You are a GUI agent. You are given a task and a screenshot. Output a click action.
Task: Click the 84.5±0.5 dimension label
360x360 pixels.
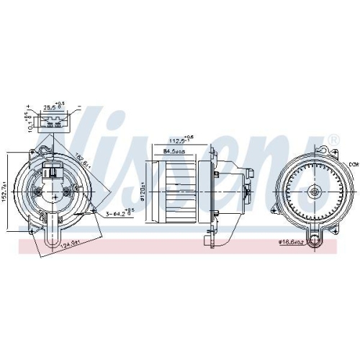[x=174, y=151]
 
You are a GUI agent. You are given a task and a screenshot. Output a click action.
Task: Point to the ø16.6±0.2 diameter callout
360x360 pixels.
[x=295, y=243]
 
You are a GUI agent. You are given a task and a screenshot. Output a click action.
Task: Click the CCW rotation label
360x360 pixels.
[x=351, y=165]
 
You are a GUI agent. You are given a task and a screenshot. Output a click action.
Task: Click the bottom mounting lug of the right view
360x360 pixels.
[x=315, y=233]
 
